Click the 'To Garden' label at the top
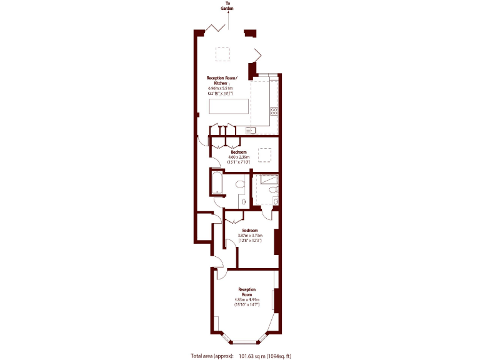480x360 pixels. coord(228,7)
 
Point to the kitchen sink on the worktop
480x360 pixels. coord(250,130)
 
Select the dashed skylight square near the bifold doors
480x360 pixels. coord(224,54)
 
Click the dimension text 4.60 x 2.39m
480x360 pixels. coord(237,157)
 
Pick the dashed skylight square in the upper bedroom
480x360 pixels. coord(265,155)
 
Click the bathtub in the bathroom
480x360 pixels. coord(217,182)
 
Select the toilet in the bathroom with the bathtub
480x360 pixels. coord(242,201)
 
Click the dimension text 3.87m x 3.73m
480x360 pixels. coord(251,235)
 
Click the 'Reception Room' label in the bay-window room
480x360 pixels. coord(247,292)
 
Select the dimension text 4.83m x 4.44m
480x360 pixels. coord(247,300)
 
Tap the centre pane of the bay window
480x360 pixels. coord(245,341)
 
